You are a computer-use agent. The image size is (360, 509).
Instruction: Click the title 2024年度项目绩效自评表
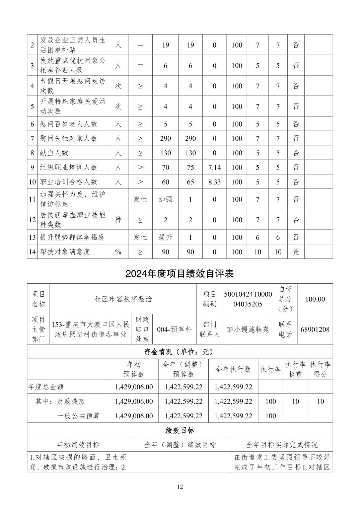coord(179,274)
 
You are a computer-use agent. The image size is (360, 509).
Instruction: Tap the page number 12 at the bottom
coord(180,487)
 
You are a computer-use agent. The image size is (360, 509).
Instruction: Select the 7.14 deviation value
coord(214,167)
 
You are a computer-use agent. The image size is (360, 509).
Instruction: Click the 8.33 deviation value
coord(214,182)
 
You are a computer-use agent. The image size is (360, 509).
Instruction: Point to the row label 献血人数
coord(54,153)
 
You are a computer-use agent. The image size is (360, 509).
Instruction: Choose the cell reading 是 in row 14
coord(296,251)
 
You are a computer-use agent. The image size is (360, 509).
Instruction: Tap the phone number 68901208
coord(315,329)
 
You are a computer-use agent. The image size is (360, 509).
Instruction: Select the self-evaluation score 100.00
coord(315,299)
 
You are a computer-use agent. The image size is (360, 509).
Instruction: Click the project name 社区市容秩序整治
coord(123,299)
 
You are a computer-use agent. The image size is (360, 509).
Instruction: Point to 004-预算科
coord(174,329)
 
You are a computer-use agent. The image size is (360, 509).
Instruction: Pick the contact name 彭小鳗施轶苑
coord(248,329)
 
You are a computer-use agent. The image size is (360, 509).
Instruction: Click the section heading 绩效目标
coord(180,430)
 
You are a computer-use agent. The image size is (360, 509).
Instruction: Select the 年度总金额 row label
coord(46,387)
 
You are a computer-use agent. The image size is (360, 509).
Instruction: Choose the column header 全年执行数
coord(233,369)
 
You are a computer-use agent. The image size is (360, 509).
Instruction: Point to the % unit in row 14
coord(118,252)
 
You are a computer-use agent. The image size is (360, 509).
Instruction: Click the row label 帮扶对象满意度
coord(65,251)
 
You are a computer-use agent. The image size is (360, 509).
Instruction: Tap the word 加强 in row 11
coord(165,199)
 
